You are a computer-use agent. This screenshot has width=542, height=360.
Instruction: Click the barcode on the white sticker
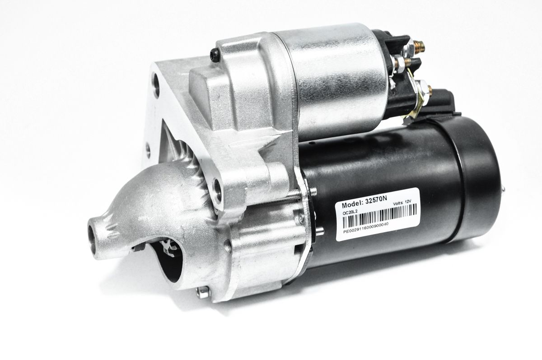[x=379, y=214]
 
